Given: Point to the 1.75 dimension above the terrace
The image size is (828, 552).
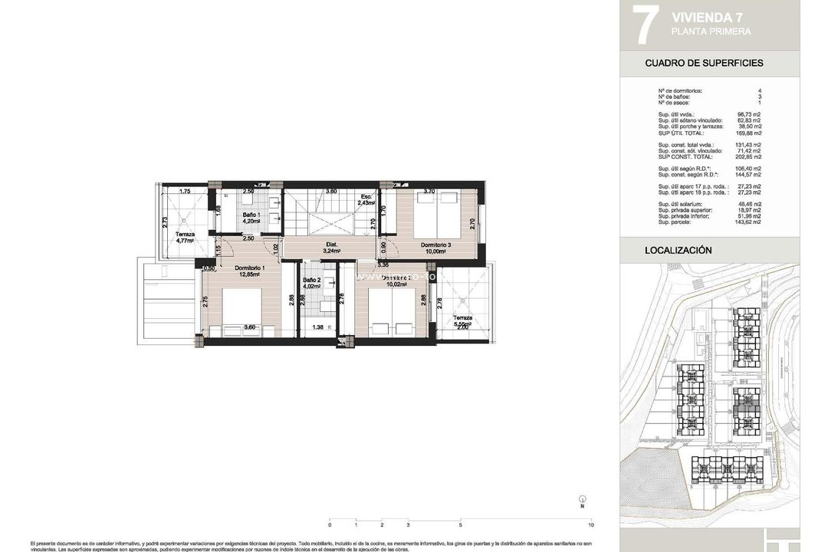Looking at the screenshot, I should (184, 192).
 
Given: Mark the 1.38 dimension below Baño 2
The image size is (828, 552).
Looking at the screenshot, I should (317, 328).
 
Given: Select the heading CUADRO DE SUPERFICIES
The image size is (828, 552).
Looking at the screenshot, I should (704, 63).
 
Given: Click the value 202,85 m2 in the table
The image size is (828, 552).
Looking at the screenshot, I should (747, 156).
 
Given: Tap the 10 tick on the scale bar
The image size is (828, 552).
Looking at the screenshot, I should (591, 525).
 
